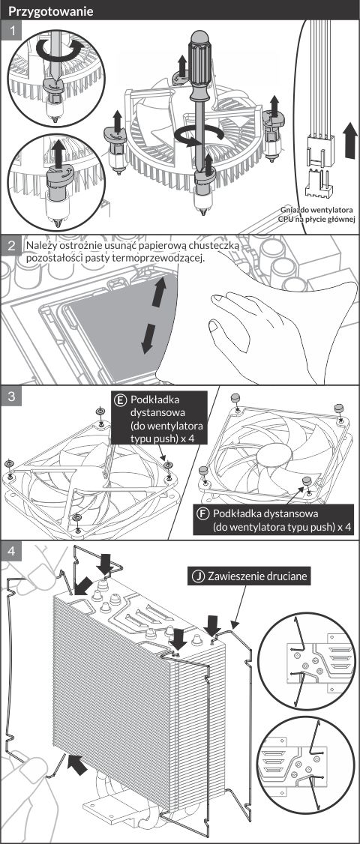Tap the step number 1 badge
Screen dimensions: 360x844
[11, 31]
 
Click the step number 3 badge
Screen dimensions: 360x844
[11, 397]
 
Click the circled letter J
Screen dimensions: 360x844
[198, 576]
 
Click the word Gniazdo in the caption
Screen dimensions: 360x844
[295, 209]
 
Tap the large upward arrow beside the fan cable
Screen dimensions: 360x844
[349, 139]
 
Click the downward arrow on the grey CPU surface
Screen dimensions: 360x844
[146, 340]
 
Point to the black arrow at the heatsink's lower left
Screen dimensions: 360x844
[78, 765]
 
